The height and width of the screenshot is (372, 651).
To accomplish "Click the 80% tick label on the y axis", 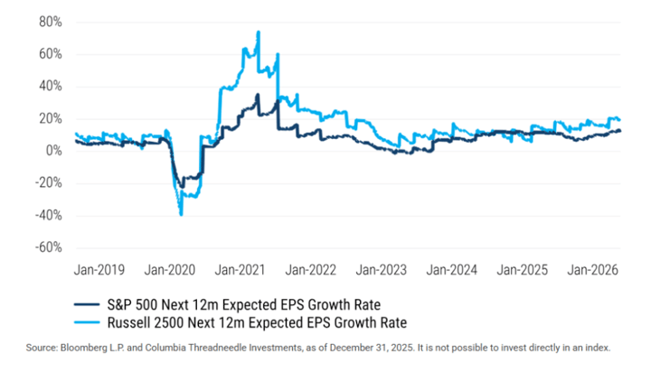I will pos(50,22).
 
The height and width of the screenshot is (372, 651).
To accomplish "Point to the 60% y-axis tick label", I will pos(50,54).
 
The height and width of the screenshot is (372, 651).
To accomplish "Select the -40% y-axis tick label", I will pos(48,215).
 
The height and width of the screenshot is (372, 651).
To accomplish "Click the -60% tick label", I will pos(48,247).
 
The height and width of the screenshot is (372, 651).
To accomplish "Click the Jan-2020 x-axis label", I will pos(172,270).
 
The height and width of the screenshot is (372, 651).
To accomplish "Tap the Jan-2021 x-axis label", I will pos(241,270).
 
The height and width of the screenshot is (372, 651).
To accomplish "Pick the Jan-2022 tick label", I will pos(311,270).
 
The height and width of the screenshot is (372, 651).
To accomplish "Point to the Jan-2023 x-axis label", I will pos(381,270).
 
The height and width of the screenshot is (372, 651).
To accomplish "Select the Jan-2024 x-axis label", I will pos(450,270).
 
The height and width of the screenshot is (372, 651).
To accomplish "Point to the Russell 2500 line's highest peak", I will pos(259,33).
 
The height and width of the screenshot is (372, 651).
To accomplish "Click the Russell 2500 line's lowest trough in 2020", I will pos(181,215).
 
